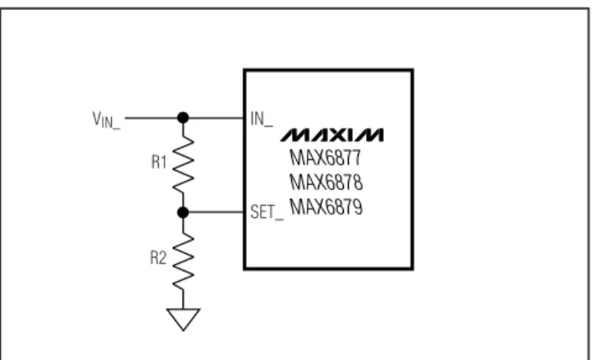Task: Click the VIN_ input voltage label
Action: point(106,120)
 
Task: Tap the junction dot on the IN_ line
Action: point(183,118)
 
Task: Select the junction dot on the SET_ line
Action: point(183,213)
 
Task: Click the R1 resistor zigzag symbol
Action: point(183,164)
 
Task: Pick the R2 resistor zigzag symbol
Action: point(183,261)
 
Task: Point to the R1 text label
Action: point(159,162)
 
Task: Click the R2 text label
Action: point(158,258)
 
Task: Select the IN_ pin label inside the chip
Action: point(262,119)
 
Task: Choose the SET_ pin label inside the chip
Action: point(267,212)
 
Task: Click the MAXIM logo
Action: point(332,136)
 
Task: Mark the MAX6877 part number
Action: point(325,158)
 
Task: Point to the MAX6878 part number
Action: point(326,182)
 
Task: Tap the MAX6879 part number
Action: point(326,207)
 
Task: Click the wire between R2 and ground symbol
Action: point(183,299)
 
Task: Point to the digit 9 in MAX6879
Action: point(357,207)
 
